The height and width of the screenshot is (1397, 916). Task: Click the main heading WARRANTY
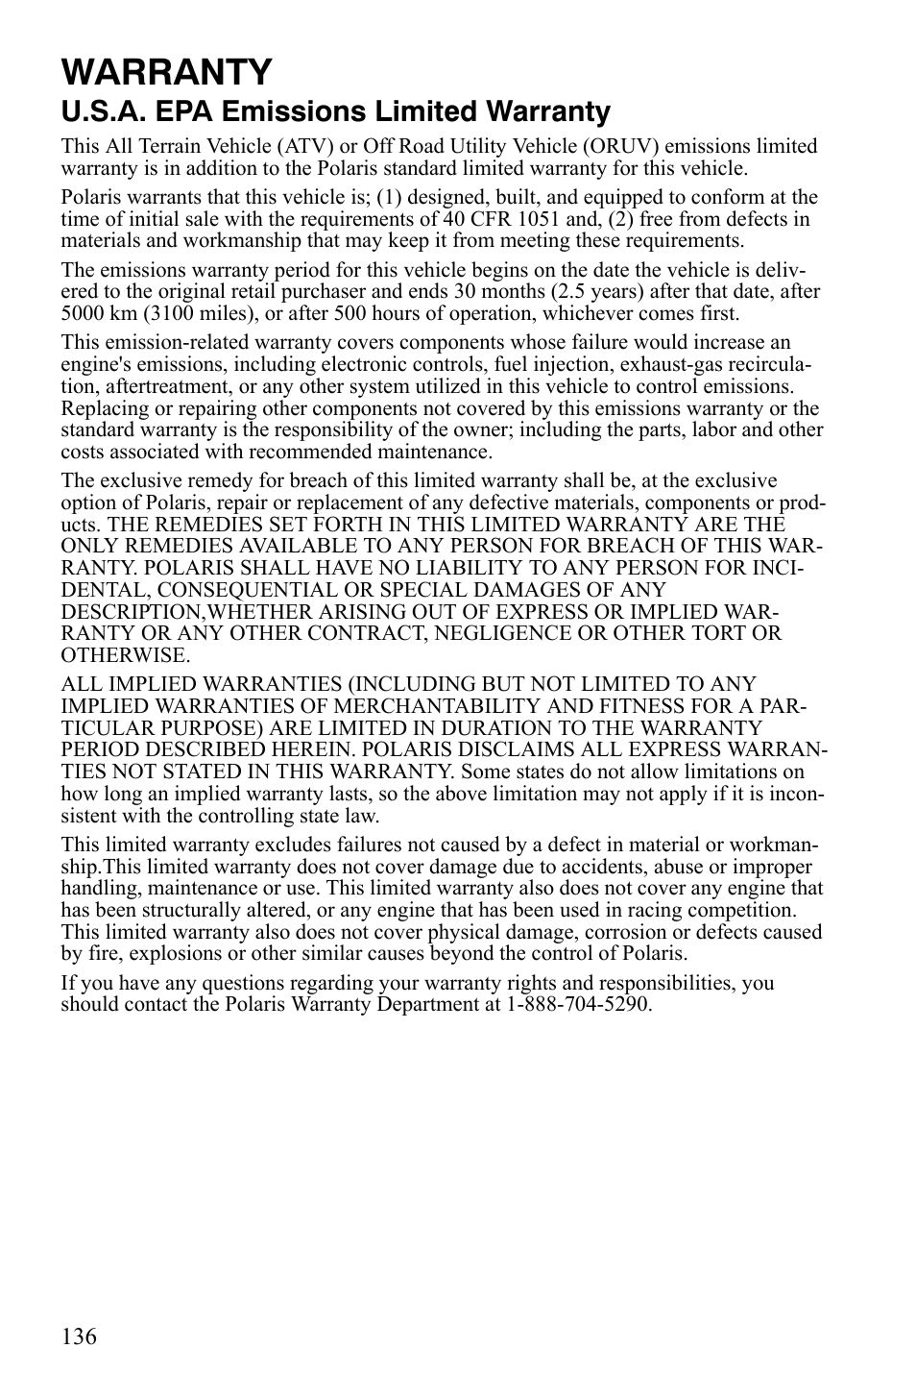click(166, 71)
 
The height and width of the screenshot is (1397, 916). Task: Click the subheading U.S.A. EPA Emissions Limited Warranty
click(335, 112)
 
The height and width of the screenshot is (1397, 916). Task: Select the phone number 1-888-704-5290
click(575, 1004)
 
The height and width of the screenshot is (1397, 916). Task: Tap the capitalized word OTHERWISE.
click(125, 655)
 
